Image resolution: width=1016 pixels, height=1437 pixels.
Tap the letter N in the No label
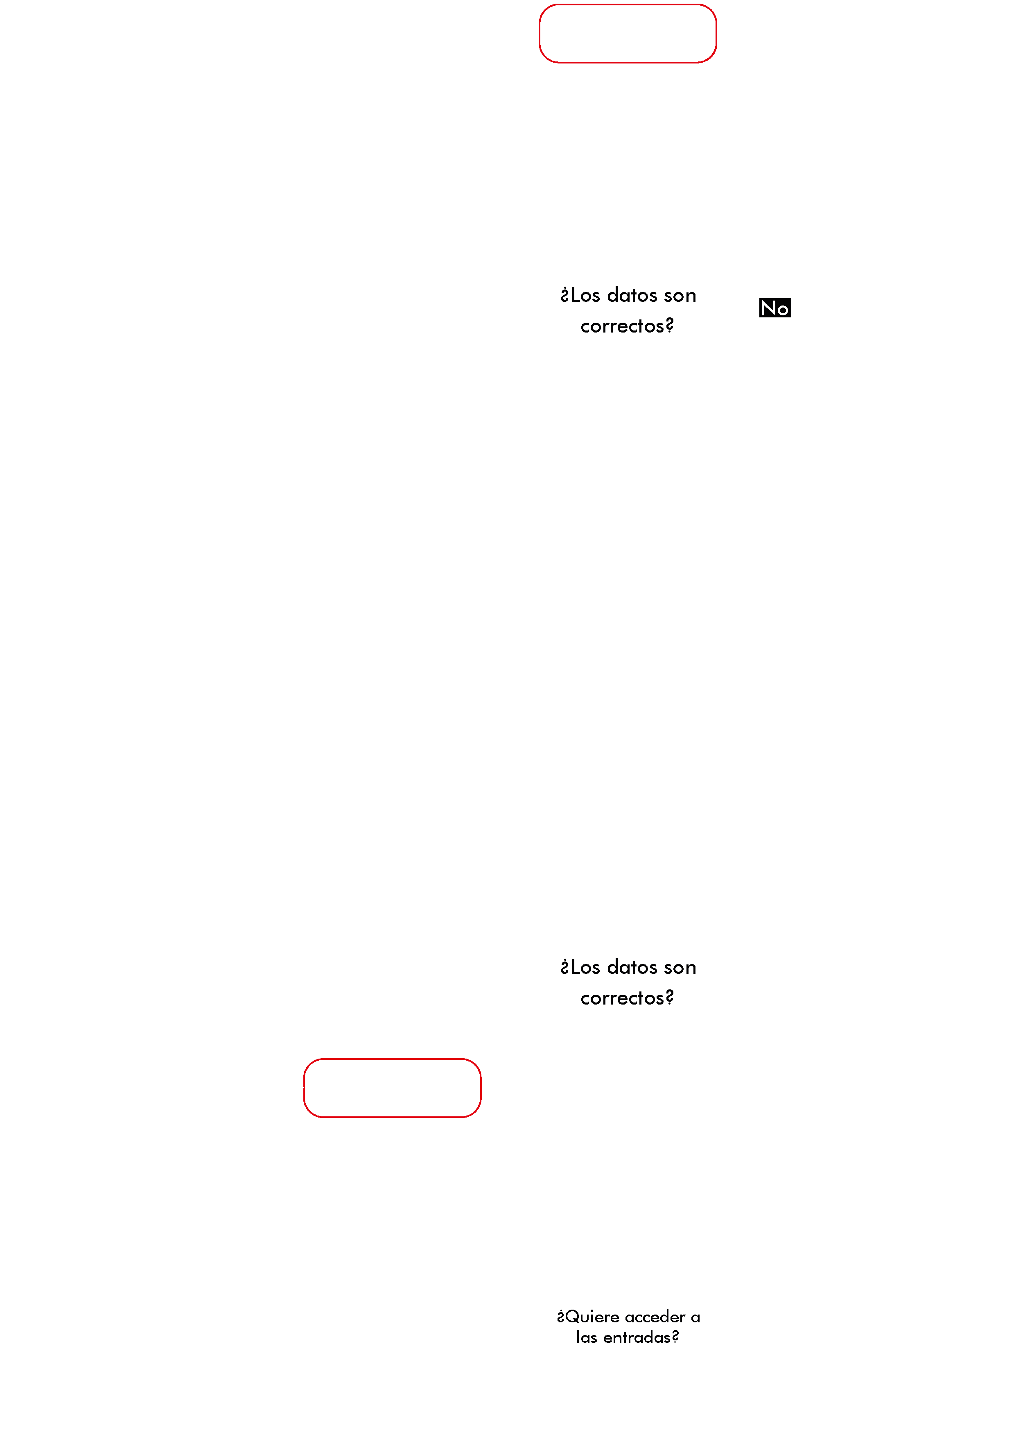(768, 308)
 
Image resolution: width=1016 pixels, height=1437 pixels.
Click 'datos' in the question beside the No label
(632, 295)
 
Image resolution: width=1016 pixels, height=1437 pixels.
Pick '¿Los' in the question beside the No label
(580, 295)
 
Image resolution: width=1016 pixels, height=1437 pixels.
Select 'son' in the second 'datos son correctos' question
(680, 968)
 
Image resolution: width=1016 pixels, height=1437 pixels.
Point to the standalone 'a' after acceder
(695, 1318)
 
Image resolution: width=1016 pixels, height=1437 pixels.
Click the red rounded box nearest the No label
(628, 63)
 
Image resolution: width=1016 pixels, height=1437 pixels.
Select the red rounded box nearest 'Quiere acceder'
(392, 1117)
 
